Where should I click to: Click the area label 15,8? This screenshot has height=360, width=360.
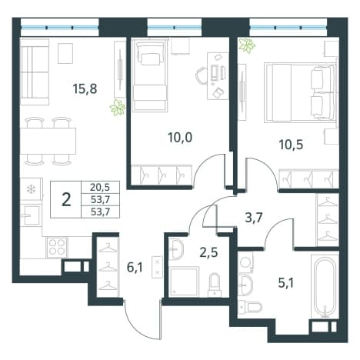click(x=85, y=89)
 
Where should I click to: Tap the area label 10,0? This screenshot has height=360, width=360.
click(x=180, y=138)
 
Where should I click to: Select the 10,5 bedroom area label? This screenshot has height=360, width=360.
click(x=291, y=145)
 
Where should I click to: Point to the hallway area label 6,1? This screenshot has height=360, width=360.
click(x=135, y=268)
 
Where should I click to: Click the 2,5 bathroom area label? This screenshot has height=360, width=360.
click(x=208, y=252)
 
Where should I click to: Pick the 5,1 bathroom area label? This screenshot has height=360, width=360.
click(x=285, y=283)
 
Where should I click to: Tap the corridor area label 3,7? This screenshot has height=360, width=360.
click(x=254, y=218)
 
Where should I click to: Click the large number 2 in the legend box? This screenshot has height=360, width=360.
click(x=66, y=200)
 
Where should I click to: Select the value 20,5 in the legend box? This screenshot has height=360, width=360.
click(x=100, y=188)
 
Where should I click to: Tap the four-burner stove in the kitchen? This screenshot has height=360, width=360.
click(x=57, y=247)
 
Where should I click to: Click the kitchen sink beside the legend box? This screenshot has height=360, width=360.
click(x=32, y=215)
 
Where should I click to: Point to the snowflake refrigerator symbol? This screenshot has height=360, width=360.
click(x=32, y=189)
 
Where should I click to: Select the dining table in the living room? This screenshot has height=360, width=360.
click(x=48, y=141)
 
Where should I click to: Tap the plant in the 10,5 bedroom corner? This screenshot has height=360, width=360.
click(x=247, y=45)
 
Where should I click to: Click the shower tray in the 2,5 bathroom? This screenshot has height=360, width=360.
click(x=184, y=282)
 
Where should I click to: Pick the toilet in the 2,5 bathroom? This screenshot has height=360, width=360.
click(x=215, y=285)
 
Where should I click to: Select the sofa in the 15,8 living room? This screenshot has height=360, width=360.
click(x=35, y=72)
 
